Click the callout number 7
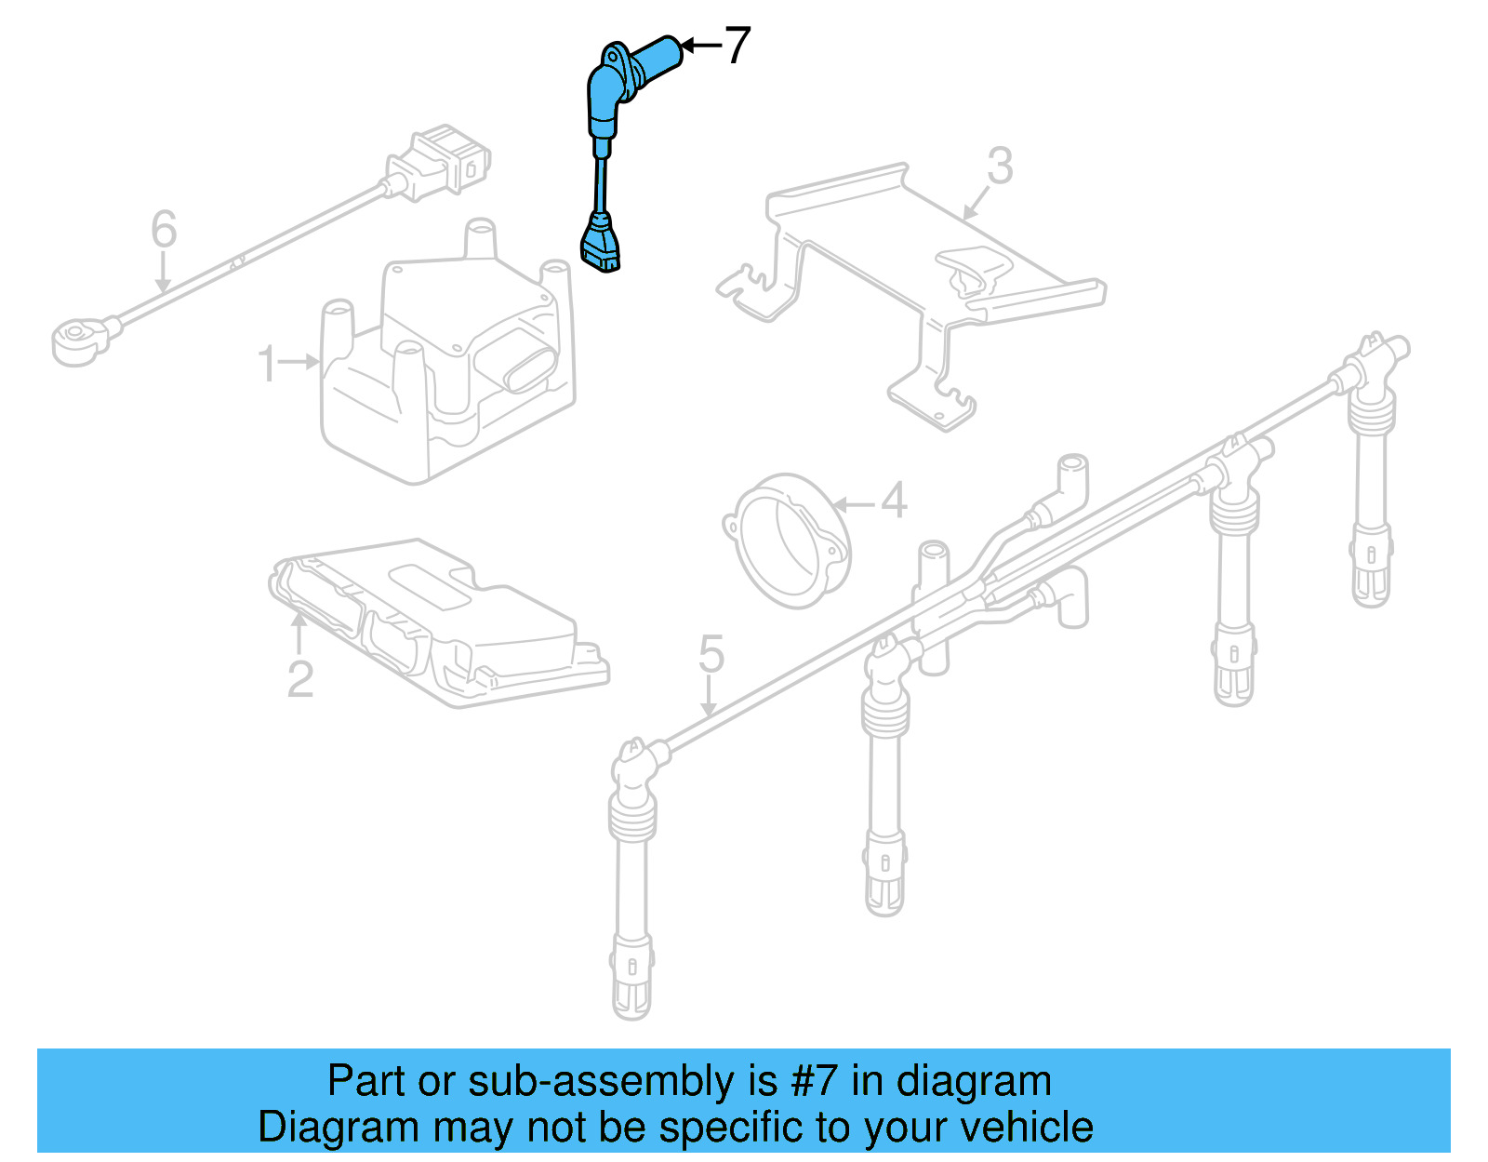click(737, 45)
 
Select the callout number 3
click(1000, 167)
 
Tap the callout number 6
click(164, 230)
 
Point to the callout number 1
click(268, 364)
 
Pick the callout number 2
click(299, 679)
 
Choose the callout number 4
click(893, 501)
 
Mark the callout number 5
click(711, 655)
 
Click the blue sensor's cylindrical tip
click(661, 53)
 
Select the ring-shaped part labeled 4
click(789, 540)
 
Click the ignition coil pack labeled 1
click(446, 372)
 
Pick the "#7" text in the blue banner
click(816, 1082)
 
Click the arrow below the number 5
click(710, 698)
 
